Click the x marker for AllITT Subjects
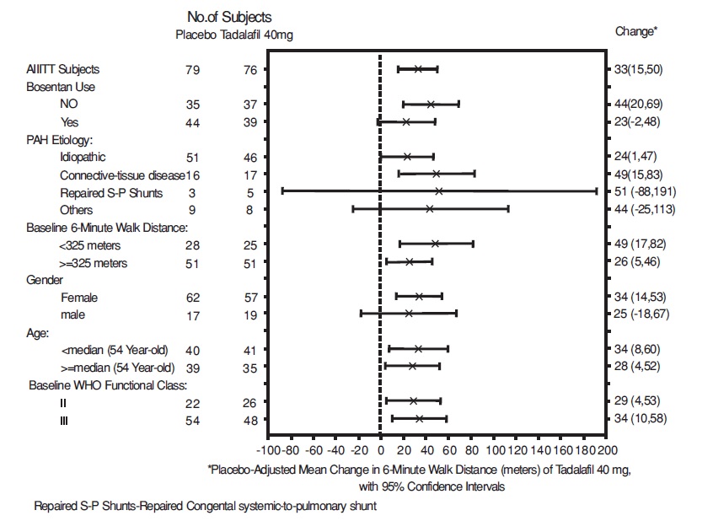(418, 69)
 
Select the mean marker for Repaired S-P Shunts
(438, 191)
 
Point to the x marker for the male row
(409, 314)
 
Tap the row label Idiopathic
(83, 157)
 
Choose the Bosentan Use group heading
(61, 86)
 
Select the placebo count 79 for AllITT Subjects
(192, 69)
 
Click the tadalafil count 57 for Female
(250, 297)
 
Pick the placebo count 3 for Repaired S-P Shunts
(192, 191)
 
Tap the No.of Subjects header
(229, 16)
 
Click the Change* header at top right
(636, 31)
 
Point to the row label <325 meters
(90, 244)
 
